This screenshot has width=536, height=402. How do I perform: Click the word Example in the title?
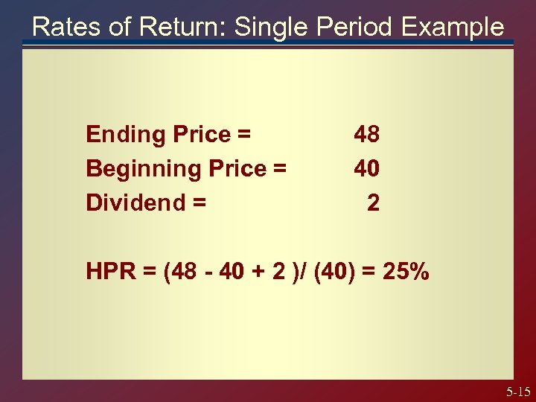(x=453, y=28)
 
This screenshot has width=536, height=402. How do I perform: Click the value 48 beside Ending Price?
(x=366, y=135)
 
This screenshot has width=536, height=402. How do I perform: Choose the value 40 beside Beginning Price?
(x=366, y=169)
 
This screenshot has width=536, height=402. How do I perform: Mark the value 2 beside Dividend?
(x=373, y=202)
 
